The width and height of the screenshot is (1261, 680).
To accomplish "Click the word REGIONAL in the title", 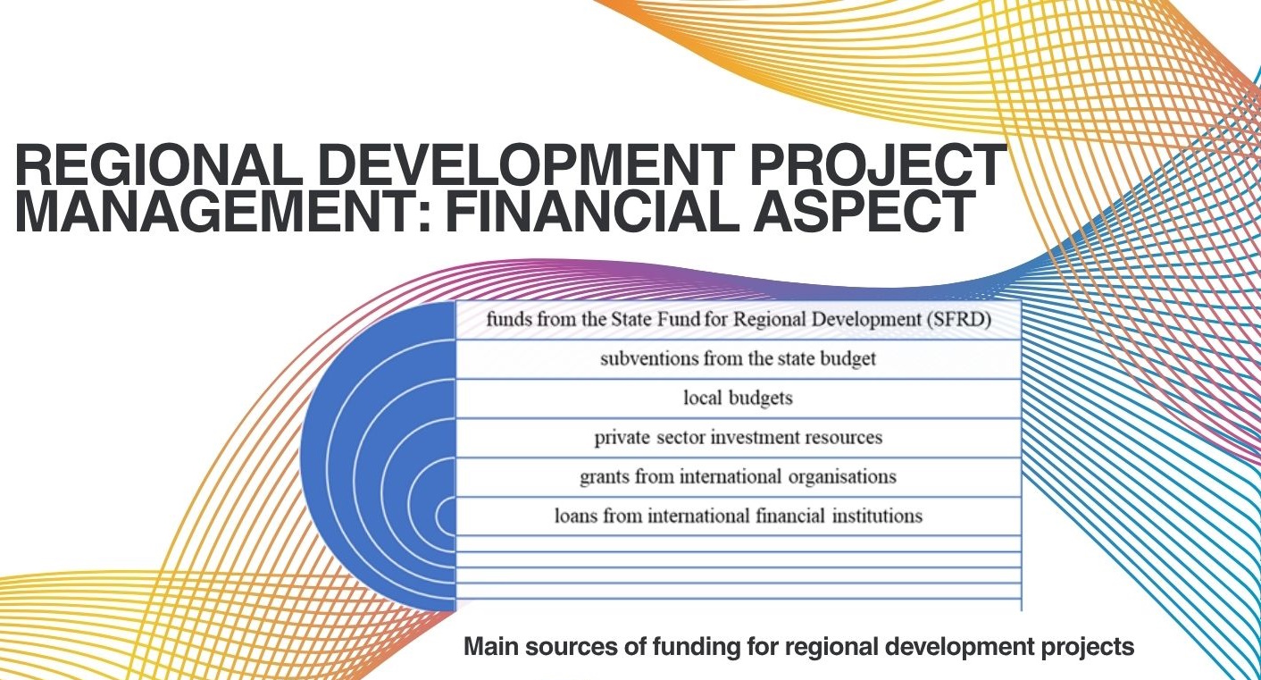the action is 158,165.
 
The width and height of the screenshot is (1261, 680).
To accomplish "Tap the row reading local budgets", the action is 738,399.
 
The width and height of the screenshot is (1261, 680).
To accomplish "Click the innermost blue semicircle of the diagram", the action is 447,516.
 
